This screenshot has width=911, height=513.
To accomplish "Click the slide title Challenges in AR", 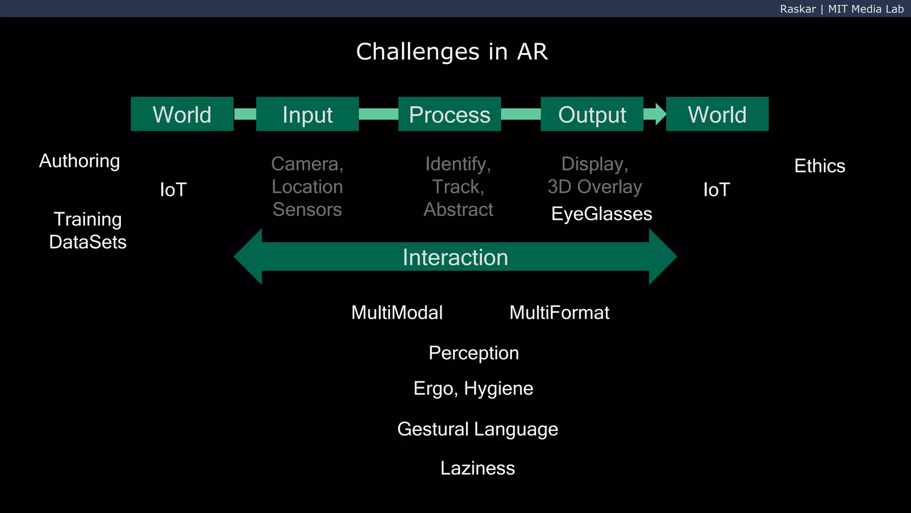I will click(451, 52).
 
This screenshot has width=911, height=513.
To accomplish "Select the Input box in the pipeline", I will click(307, 114).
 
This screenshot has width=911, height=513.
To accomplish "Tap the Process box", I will click(449, 114).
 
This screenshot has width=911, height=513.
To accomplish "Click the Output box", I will click(592, 114).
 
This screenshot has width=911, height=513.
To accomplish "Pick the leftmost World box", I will click(182, 114).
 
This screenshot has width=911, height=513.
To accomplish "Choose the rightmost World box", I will click(717, 114).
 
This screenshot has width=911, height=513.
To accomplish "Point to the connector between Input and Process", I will click(378, 114).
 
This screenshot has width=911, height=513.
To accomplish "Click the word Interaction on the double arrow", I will click(455, 257).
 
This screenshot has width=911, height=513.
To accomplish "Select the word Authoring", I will click(80, 161).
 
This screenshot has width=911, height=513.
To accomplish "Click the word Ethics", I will click(819, 166).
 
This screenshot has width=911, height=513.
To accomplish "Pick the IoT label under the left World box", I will click(173, 190).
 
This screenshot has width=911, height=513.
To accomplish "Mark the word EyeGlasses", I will click(601, 214).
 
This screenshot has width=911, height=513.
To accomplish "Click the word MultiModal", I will click(397, 313).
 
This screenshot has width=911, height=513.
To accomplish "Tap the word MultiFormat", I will click(559, 313).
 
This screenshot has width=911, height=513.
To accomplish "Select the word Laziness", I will click(477, 468).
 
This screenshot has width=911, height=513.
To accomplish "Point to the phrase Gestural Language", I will click(477, 429).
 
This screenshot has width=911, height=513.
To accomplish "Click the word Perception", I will click(474, 353).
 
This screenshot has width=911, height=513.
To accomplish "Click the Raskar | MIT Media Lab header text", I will click(842, 9).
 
